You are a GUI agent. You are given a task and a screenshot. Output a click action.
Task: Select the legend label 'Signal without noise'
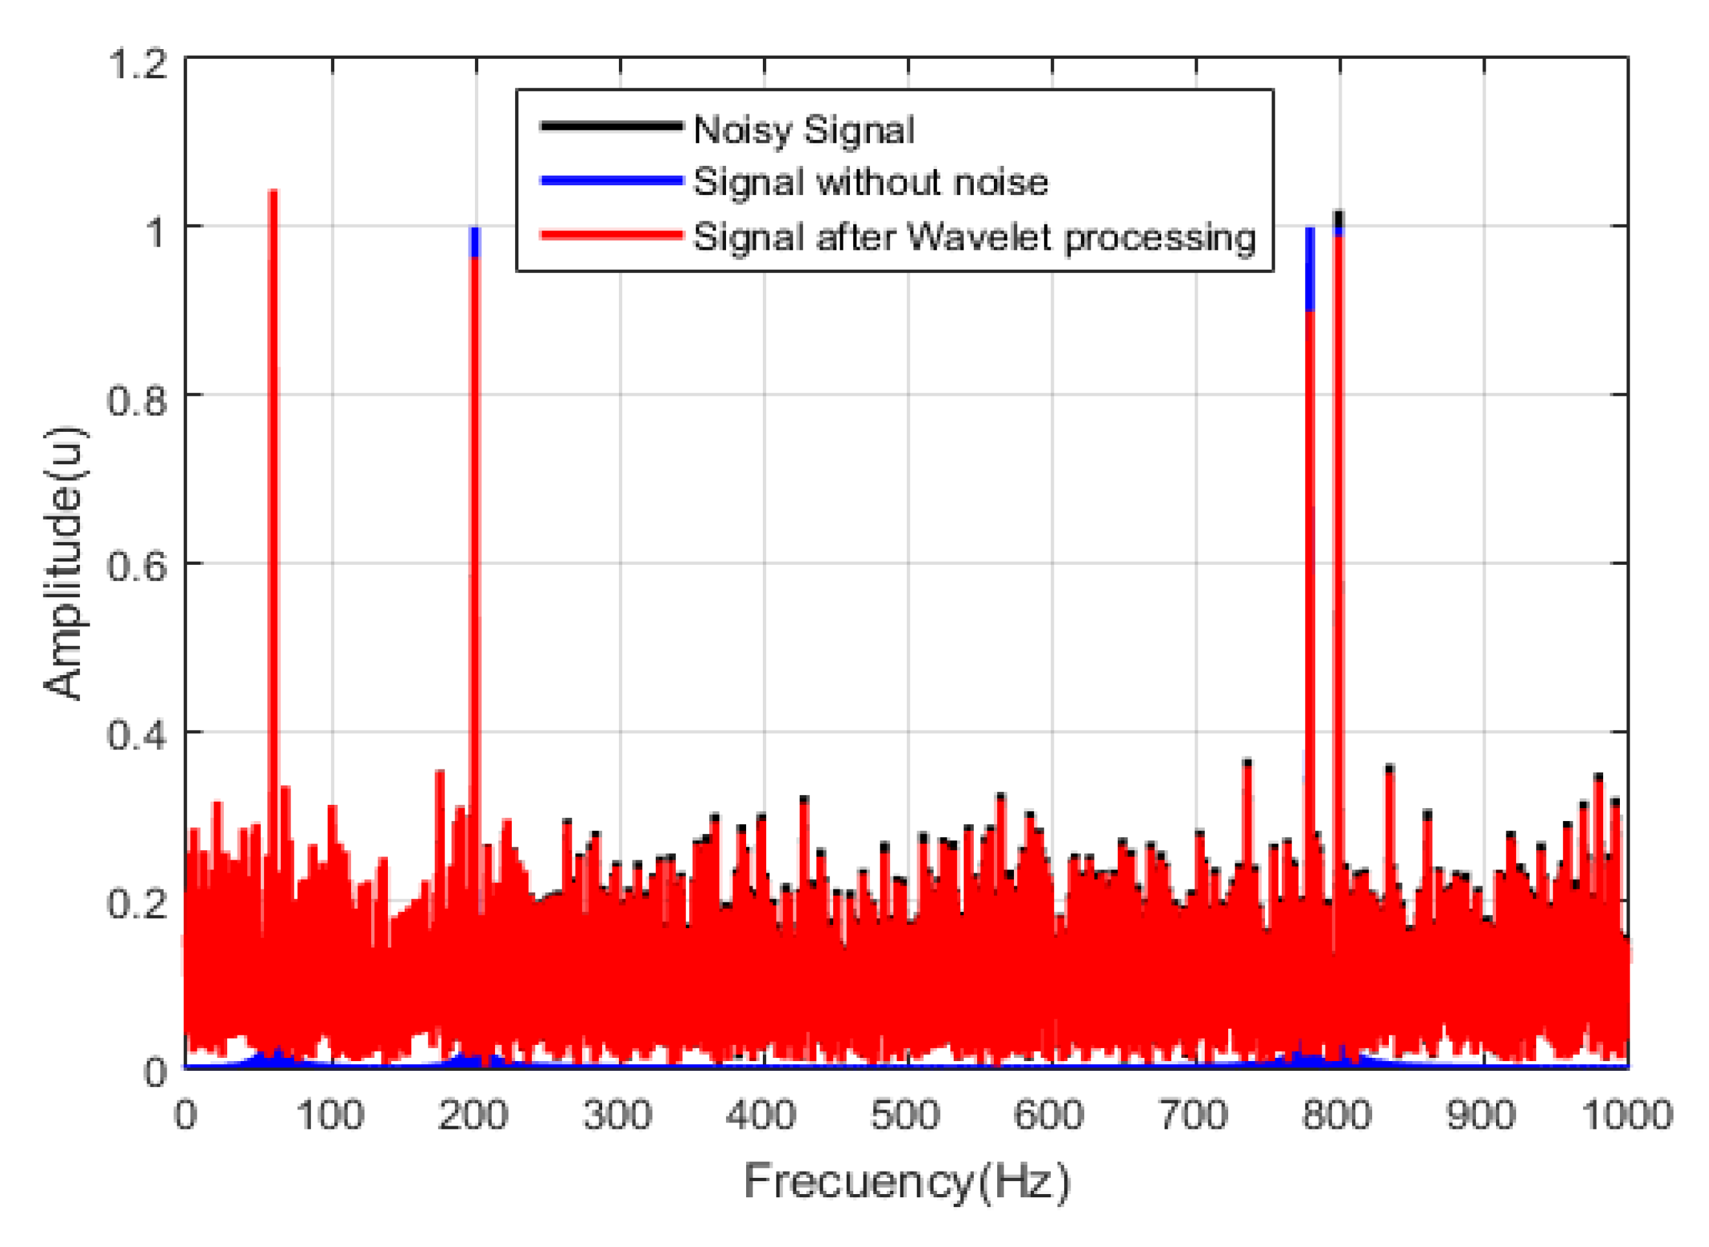tap(871, 182)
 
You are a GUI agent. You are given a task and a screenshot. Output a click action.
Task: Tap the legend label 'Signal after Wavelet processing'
tap(974, 237)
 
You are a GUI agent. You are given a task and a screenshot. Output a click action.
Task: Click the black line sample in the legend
tap(611, 126)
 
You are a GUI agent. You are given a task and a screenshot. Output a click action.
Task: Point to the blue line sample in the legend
tap(611, 181)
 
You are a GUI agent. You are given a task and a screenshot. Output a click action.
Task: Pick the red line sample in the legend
tap(611, 235)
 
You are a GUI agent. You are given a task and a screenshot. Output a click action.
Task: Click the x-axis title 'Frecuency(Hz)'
tap(906, 1181)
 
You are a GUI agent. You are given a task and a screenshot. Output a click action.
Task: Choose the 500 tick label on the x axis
tap(904, 1115)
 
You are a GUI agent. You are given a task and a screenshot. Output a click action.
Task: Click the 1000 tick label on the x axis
tap(1627, 1115)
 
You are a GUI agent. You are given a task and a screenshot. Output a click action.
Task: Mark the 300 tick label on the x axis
tap(618, 1115)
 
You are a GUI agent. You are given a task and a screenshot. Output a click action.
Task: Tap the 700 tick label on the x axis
tap(1193, 1115)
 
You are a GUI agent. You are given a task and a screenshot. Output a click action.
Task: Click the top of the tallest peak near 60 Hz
tap(273, 193)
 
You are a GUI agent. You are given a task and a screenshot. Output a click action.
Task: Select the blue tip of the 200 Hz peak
tap(475, 241)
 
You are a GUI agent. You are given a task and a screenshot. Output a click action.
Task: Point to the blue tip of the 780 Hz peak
tap(1310, 268)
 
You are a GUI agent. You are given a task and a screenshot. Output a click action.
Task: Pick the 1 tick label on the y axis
tap(155, 232)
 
